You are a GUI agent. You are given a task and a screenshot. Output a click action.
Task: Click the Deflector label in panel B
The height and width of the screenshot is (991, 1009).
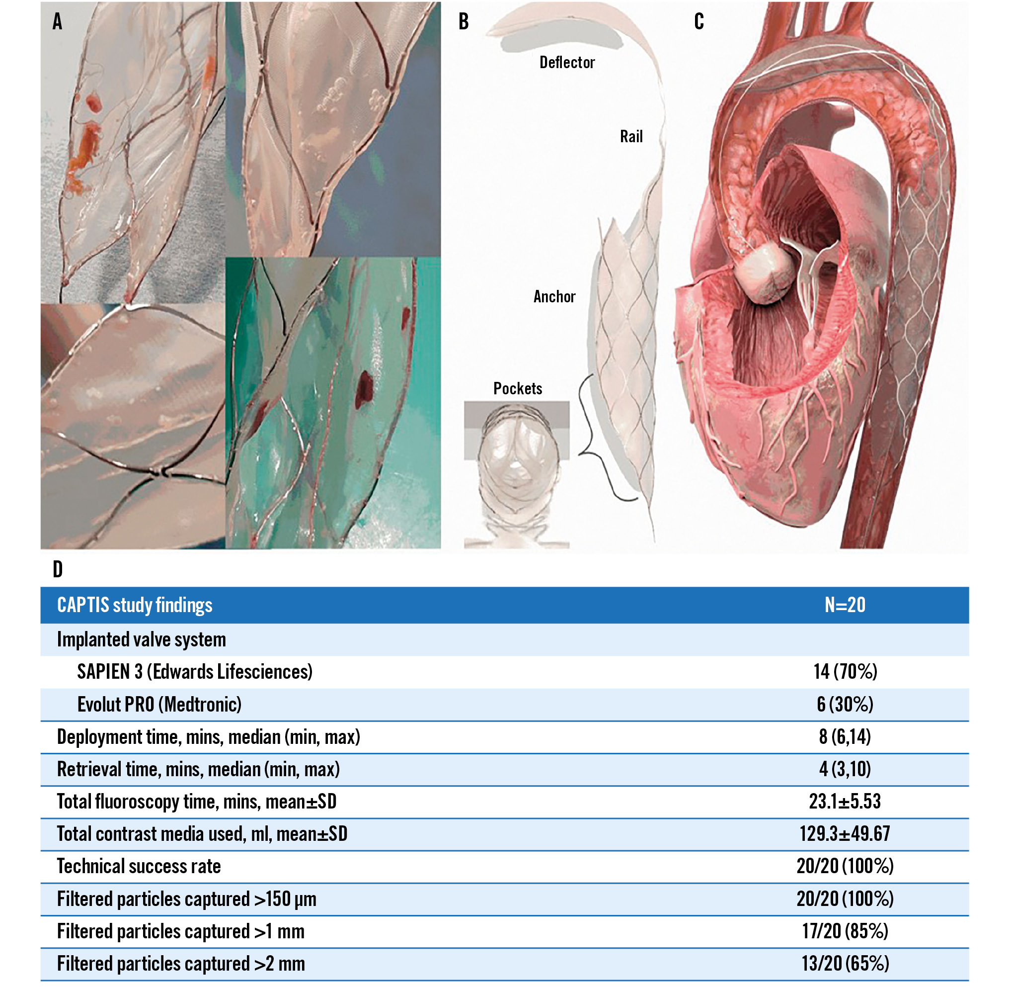pyautogui.click(x=567, y=63)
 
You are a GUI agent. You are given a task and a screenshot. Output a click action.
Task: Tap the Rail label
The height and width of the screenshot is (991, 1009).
pyautogui.click(x=631, y=136)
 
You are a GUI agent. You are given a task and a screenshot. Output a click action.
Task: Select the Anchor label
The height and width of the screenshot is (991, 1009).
pyautogui.click(x=554, y=297)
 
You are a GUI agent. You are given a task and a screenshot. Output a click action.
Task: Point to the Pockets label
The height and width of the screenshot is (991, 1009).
pyautogui.click(x=518, y=388)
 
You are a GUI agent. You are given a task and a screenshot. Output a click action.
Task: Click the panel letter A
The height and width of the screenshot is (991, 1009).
pyautogui.click(x=57, y=21)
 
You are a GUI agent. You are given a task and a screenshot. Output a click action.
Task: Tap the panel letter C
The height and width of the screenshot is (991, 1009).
pyautogui.click(x=699, y=21)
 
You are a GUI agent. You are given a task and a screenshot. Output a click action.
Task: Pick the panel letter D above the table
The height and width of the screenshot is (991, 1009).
pyautogui.click(x=58, y=569)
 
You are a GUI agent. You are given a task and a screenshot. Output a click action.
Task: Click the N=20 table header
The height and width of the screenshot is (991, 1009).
pyautogui.click(x=845, y=605)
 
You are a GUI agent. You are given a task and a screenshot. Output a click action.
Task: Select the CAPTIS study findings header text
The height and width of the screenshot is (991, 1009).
pyautogui.click(x=135, y=605)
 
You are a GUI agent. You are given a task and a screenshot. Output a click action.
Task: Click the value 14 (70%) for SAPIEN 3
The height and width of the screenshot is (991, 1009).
pyautogui.click(x=845, y=671)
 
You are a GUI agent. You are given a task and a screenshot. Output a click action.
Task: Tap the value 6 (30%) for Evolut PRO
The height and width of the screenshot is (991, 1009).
pyautogui.click(x=845, y=704)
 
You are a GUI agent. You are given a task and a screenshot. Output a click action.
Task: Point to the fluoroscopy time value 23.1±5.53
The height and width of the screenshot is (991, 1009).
pyautogui.click(x=845, y=802)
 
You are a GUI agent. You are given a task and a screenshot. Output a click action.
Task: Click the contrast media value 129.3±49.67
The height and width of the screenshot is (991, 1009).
pyautogui.click(x=845, y=834)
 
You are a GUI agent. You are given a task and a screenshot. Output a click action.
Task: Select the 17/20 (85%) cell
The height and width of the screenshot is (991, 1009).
pyautogui.click(x=845, y=931)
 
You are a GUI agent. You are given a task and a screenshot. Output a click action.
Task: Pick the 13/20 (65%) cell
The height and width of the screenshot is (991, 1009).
pyautogui.click(x=845, y=964)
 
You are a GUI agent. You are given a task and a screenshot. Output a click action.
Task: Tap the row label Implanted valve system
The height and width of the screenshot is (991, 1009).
pyautogui.click(x=142, y=639)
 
